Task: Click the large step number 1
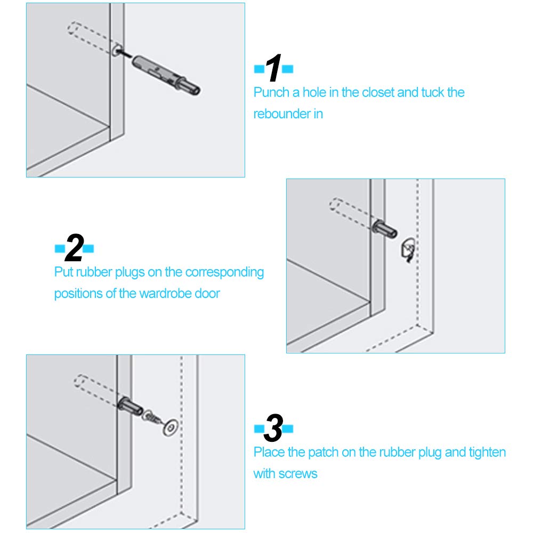click(273, 68)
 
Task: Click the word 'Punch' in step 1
click(271, 92)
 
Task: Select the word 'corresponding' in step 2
click(224, 272)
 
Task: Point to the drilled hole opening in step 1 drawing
click(117, 51)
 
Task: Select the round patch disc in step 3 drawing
click(171, 427)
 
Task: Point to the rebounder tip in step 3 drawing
click(131, 406)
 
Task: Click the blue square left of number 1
click(259, 69)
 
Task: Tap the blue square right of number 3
click(288, 429)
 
